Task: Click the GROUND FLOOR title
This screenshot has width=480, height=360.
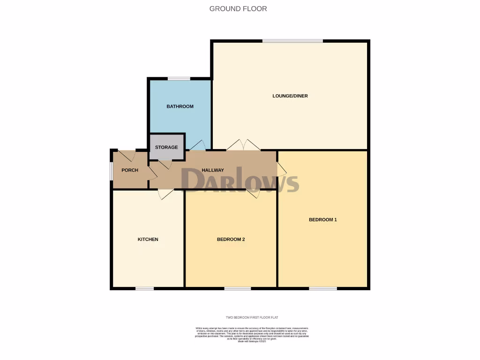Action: (238, 8)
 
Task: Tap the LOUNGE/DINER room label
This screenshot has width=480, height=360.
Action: (290, 96)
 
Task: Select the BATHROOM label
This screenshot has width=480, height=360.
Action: (180, 106)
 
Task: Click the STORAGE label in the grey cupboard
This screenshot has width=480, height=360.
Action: (166, 147)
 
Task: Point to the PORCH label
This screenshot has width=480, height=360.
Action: (130, 170)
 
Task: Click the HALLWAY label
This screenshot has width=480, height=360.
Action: (212, 170)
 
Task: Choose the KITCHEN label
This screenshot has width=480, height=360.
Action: (148, 240)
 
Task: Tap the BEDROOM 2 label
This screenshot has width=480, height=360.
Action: (231, 240)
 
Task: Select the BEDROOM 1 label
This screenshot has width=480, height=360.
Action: (322, 219)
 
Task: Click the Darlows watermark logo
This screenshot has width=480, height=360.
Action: (240, 180)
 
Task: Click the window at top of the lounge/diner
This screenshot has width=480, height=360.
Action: (292, 41)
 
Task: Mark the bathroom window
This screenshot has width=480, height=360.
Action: (179, 78)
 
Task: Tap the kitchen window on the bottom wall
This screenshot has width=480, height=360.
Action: (145, 288)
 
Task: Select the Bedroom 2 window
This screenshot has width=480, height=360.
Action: (237, 288)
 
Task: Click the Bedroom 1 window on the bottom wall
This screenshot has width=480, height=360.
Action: (322, 288)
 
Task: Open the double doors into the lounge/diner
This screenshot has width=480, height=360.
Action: (243, 145)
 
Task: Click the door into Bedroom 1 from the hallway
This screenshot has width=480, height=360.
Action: (281, 169)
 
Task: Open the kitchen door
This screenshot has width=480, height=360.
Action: (166, 194)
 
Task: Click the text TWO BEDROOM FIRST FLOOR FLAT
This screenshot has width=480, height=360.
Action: (252, 318)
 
